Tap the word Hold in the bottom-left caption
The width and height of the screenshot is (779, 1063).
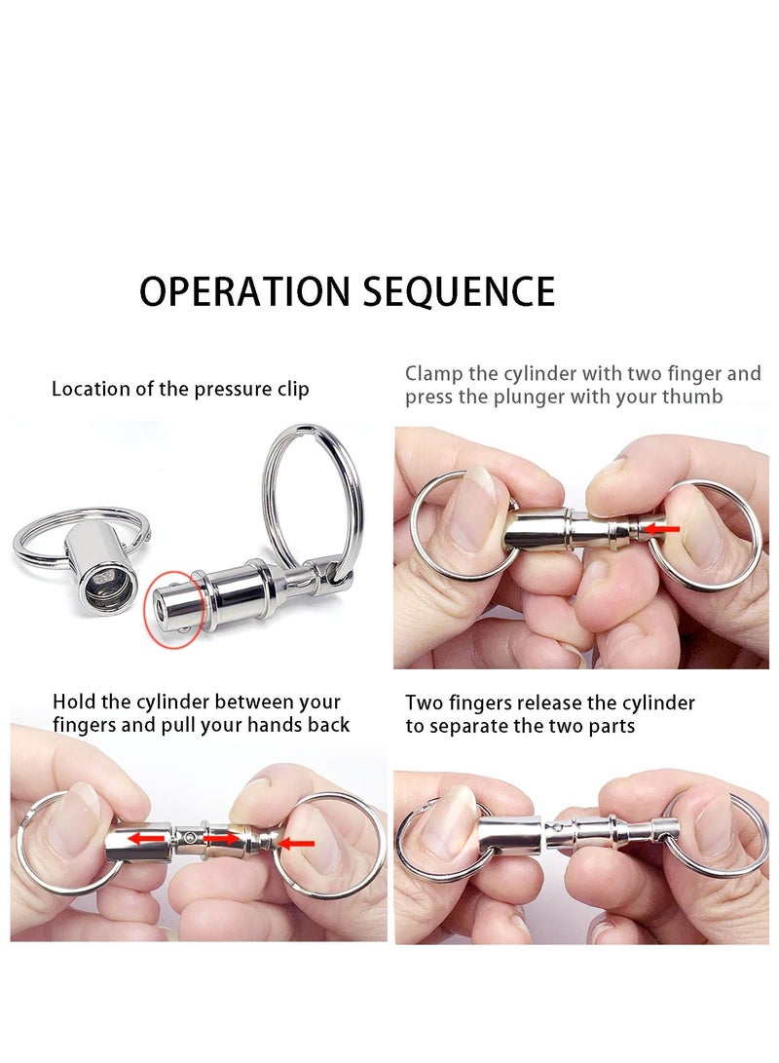pyautogui.click(x=73, y=702)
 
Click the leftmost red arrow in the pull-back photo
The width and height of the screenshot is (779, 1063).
pyautogui.click(x=148, y=837)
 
